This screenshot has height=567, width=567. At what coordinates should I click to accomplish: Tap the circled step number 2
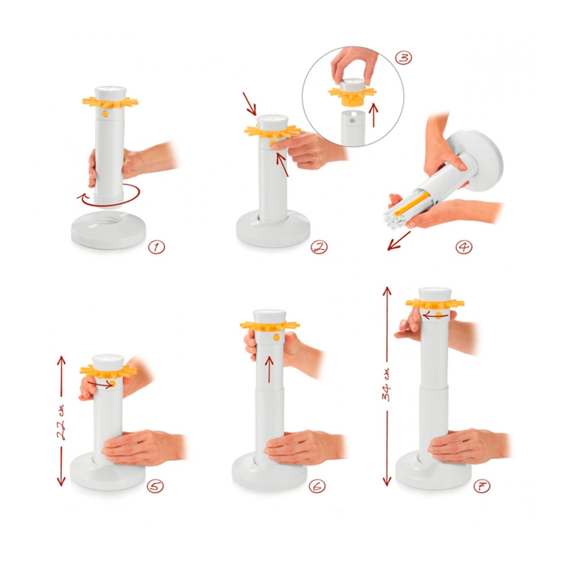[x=319, y=248]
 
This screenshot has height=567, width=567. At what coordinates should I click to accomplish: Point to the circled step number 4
[x=464, y=247]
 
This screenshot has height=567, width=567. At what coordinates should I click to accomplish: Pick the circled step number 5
[x=155, y=486]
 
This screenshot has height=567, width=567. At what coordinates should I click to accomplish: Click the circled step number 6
[x=318, y=486]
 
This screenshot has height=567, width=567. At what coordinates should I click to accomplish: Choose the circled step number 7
[x=482, y=486]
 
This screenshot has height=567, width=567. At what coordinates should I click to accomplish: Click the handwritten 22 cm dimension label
[x=62, y=422]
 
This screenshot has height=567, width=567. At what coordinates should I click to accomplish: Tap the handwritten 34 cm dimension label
[x=386, y=385]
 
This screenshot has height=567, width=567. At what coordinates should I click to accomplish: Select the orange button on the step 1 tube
[x=106, y=113]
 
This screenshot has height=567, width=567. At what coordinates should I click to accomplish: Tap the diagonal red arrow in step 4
[x=399, y=241]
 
